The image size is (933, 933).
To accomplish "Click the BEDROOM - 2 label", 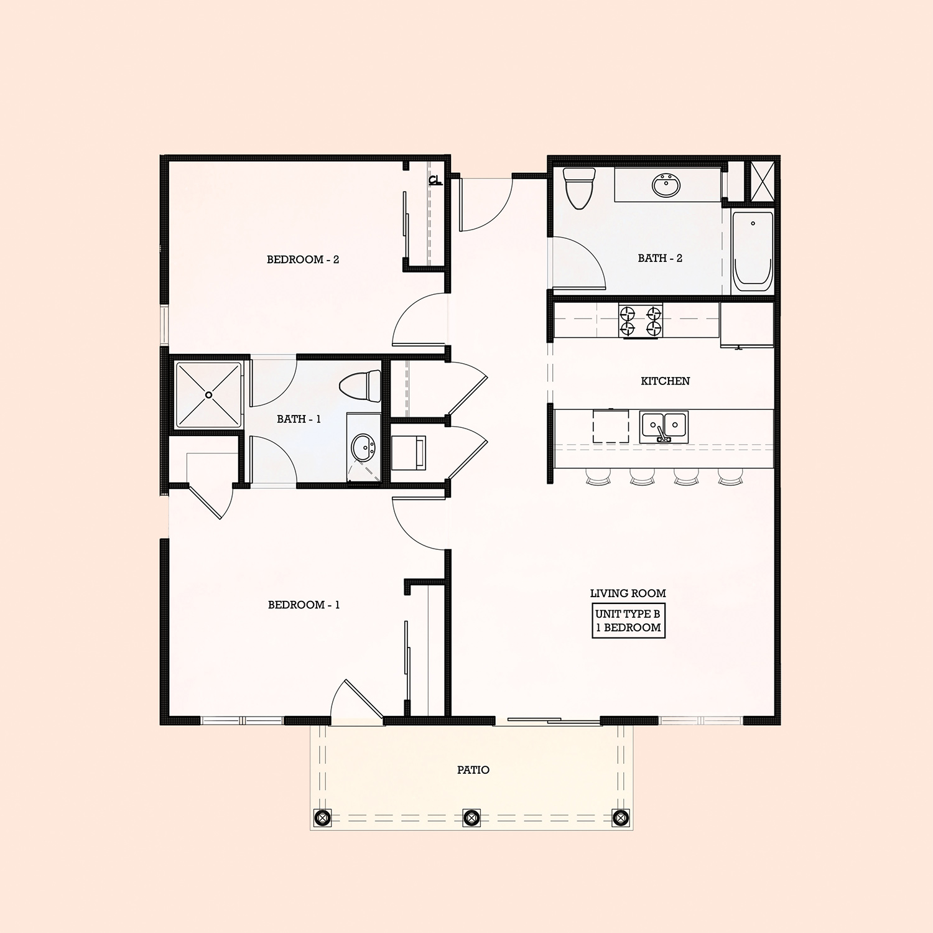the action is [x=303, y=259].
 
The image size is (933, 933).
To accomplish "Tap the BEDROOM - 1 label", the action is [x=304, y=605].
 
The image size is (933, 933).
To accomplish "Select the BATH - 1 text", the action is [x=299, y=419].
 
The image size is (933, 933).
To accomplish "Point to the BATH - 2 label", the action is [x=660, y=258].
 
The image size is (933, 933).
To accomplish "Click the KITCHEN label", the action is [x=665, y=381].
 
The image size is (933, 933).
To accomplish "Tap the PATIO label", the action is [x=473, y=770].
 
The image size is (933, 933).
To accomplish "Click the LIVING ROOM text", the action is [x=628, y=593].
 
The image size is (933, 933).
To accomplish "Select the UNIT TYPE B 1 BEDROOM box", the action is [x=628, y=621].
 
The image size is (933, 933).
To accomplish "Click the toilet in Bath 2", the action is [x=579, y=187].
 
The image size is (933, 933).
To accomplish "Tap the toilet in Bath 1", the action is [x=361, y=386].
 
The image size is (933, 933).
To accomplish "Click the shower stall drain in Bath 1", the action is [x=209, y=394].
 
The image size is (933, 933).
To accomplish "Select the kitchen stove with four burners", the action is [x=641, y=321].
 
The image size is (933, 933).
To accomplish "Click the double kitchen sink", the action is [x=664, y=426].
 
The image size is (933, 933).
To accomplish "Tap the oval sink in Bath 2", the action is [x=666, y=185].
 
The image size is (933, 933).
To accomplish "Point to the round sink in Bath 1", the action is [x=363, y=447].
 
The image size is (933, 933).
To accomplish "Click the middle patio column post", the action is [x=471, y=817].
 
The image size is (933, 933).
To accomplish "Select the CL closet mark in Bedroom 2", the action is [x=435, y=180].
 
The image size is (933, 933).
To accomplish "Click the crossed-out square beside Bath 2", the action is [x=763, y=182].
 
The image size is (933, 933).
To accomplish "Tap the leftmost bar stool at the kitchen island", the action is [x=598, y=476].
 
